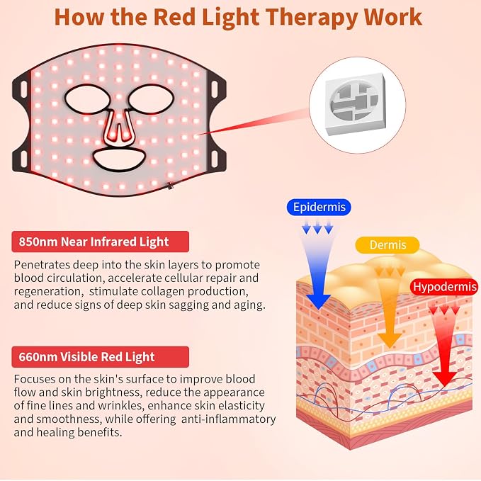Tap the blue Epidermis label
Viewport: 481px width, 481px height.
pyautogui.click(x=319, y=207)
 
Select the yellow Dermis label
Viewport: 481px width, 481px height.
pyautogui.click(x=387, y=245)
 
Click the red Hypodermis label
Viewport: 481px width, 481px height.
pyautogui.click(x=445, y=287)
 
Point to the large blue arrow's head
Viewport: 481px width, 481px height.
pyautogui.click(x=318, y=301)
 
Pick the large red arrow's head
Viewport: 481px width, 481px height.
pyautogui.click(x=445, y=378)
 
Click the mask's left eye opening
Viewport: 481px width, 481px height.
pyautogui.click(x=88, y=99)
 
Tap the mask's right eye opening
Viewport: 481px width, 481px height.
pyautogui.click(x=151, y=98)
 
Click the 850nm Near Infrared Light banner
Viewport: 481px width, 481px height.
pyautogui.click(x=101, y=242)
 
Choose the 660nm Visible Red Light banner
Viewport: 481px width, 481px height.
pyautogui.click(x=101, y=357)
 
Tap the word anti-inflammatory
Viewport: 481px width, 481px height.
pyautogui.click(x=229, y=419)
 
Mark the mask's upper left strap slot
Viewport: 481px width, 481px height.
pyautogui.click(x=23, y=89)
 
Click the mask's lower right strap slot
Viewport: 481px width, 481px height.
pyautogui.click(x=215, y=158)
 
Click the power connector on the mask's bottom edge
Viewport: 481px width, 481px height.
pyautogui.click(x=169, y=186)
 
